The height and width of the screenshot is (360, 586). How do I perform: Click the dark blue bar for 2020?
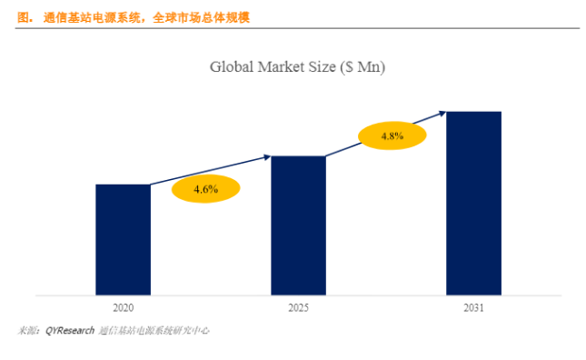click(x=123, y=239)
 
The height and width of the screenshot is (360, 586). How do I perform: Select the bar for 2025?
click(x=298, y=225)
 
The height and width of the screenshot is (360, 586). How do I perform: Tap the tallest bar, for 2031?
click(x=473, y=203)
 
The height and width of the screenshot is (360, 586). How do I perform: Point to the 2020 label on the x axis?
click(x=123, y=309)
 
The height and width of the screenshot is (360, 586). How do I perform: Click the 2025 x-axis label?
click(x=298, y=309)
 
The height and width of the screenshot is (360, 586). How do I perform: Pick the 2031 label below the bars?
click(x=472, y=309)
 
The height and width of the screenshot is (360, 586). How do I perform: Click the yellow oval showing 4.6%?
click(x=206, y=189)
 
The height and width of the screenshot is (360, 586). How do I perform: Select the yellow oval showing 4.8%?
click(x=392, y=135)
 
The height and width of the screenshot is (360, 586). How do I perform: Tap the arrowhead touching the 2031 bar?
click(x=442, y=113)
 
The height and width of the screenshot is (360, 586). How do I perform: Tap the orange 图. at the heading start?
click(x=25, y=18)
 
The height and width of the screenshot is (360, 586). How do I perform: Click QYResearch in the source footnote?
click(x=70, y=331)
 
